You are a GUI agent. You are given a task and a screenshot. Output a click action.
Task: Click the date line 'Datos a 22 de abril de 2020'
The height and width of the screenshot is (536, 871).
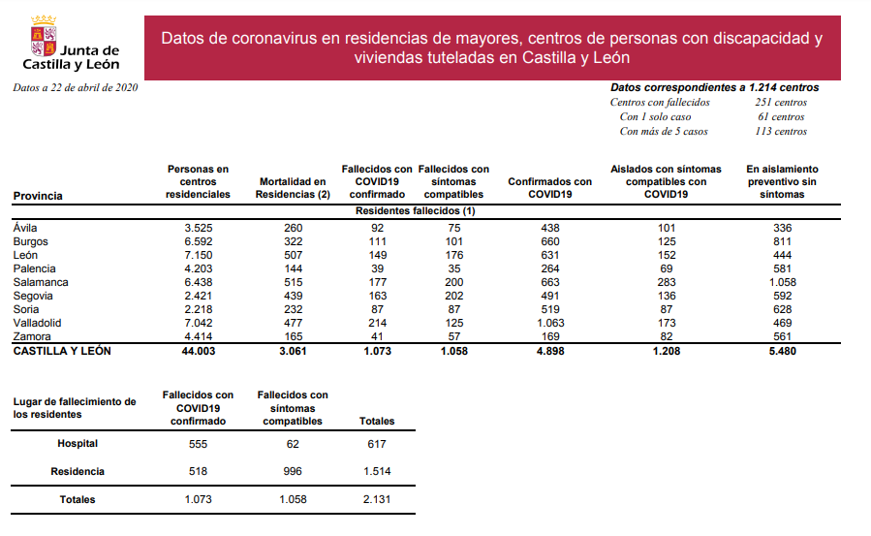(76, 87)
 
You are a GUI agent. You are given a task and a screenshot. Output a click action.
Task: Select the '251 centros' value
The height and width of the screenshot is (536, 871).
(780, 102)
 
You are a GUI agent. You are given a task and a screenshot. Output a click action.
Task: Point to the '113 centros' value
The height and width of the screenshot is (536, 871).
(780, 131)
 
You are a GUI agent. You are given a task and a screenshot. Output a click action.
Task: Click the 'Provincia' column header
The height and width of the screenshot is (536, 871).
(38, 196)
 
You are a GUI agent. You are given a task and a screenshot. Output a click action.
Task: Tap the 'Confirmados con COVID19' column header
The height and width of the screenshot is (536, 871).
(549, 188)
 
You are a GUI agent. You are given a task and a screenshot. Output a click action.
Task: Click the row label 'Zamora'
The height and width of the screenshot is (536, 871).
(31, 336)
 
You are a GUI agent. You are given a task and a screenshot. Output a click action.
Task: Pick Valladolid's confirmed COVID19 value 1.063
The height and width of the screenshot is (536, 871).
(549, 323)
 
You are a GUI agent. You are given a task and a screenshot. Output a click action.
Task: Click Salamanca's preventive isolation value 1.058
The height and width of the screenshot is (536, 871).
(782, 282)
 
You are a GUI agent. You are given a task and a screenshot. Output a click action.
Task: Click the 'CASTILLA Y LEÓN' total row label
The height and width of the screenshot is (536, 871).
(61, 351)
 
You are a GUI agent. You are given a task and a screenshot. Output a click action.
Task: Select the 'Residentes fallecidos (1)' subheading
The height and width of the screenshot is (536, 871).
(415, 210)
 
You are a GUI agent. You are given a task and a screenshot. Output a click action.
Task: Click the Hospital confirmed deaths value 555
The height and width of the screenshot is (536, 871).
(198, 444)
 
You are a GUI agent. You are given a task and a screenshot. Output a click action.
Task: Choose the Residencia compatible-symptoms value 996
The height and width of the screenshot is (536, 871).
(295, 472)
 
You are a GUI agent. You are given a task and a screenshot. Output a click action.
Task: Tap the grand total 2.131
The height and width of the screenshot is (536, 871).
(376, 500)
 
